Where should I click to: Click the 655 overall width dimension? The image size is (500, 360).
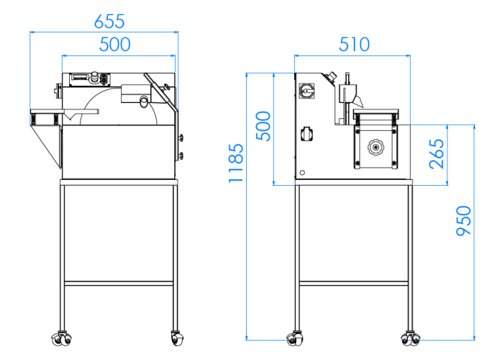click(109, 22)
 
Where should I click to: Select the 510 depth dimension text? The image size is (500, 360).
click(354, 45)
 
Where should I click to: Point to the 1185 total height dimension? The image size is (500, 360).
click(236, 163)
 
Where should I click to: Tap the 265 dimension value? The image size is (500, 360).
click(437, 154)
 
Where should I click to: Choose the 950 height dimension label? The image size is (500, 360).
click(463, 221)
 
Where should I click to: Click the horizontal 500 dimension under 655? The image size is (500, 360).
click(115, 45)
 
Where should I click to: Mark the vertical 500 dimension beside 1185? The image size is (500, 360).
click(263, 126)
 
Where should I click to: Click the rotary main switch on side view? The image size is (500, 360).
click(306, 91)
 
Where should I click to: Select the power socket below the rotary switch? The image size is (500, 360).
click(306, 134)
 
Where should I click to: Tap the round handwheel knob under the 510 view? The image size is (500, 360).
click(376, 148)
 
